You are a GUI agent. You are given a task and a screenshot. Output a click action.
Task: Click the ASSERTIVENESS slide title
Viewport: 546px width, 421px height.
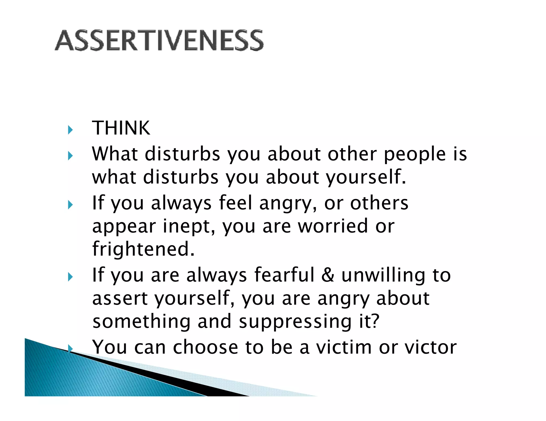pyautogui.click(x=159, y=40)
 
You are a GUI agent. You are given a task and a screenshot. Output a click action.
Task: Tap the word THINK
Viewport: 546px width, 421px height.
pyautogui.click(x=121, y=128)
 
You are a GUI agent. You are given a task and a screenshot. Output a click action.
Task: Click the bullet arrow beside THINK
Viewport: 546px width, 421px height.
pyautogui.click(x=70, y=130)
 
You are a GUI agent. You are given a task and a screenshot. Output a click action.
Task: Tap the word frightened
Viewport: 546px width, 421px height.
pyautogui.click(x=143, y=249)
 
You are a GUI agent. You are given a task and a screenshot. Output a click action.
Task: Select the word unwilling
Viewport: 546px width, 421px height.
pyautogui.click(x=383, y=276)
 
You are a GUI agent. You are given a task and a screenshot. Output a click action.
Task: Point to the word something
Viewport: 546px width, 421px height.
pyautogui.click(x=141, y=321)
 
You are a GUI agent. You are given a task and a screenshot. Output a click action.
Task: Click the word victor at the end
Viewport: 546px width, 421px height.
pyautogui.click(x=431, y=347)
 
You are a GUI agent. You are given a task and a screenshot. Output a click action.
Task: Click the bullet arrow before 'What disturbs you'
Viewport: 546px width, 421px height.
pyautogui.click(x=70, y=156)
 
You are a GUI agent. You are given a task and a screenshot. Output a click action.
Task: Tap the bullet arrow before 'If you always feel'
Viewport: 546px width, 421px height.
pyautogui.click(x=70, y=205)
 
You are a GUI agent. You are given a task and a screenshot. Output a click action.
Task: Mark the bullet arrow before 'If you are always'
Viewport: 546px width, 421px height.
pyautogui.click(x=70, y=277)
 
